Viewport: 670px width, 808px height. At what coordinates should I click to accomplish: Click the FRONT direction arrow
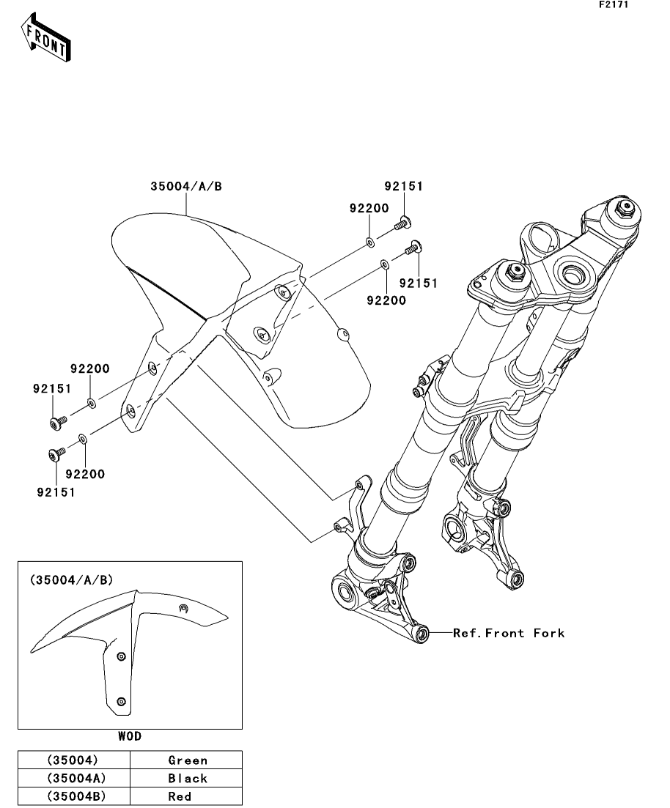tap(45, 37)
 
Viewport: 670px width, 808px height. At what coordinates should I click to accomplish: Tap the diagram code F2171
tap(614, 4)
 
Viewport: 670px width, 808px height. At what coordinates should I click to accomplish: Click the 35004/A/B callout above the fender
tap(186, 187)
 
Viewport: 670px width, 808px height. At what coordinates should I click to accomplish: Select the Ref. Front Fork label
tap(509, 633)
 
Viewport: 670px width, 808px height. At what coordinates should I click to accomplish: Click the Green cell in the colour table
tap(188, 760)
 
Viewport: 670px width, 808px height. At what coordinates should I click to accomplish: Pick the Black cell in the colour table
tap(188, 778)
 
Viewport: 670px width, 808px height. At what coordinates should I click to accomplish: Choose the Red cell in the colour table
tap(180, 796)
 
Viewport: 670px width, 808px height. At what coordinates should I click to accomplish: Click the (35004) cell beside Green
tap(73, 760)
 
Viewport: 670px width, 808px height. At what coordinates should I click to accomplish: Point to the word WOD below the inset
tap(130, 736)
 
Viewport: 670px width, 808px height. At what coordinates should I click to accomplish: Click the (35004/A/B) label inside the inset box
tap(71, 580)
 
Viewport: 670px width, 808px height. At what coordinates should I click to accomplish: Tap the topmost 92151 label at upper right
tap(403, 187)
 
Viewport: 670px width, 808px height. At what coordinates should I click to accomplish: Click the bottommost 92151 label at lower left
tap(56, 492)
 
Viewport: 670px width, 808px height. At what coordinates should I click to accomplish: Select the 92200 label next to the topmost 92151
tap(369, 208)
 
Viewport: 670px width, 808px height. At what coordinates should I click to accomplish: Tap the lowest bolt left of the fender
tap(56, 453)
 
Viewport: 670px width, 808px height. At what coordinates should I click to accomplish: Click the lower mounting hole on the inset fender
tap(122, 701)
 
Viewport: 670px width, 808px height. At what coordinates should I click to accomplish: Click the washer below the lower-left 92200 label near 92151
tap(83, 439)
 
